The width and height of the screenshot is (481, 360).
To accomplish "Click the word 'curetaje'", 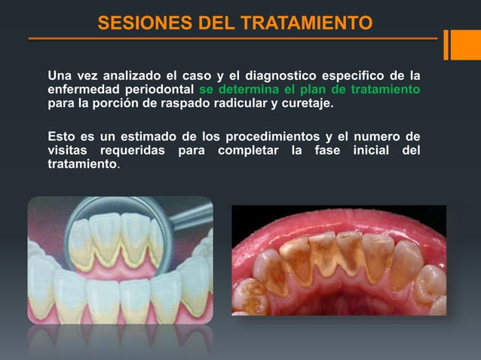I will pos(305,103).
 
